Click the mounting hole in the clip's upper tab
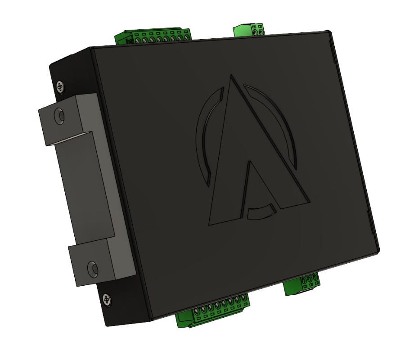[58, 116]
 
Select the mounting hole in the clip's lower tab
[93, 267]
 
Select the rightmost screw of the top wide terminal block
[185, 38]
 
